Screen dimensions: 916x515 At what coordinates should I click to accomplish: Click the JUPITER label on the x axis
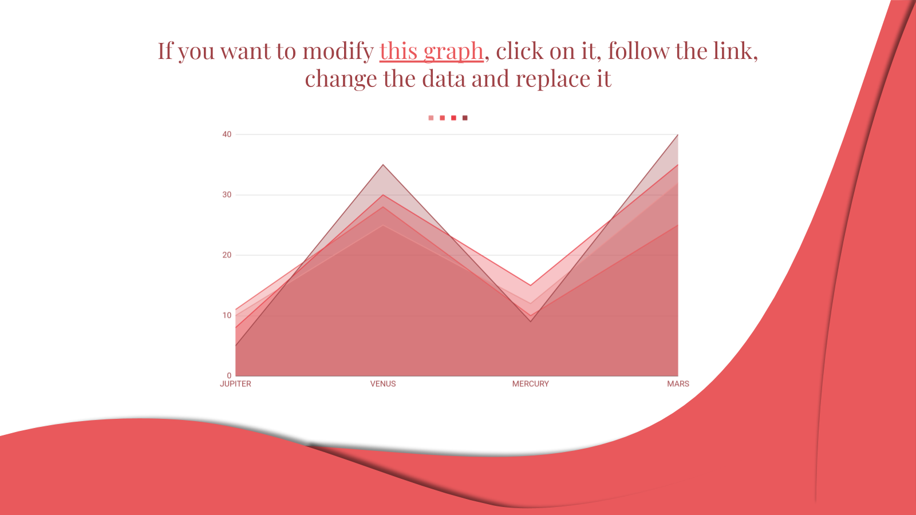pyautogui.click(x=235, y=384)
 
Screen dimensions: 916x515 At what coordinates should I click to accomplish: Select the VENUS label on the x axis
pyautogui.click(x=383, y=384)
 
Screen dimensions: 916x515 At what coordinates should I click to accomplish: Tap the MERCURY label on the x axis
pyautogui.click(x=530, y=384)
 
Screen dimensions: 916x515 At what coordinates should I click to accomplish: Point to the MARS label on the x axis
pyautogui.click(x=678, y=384)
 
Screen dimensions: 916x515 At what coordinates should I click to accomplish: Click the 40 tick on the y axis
pyautogui.click(x=227, y=134)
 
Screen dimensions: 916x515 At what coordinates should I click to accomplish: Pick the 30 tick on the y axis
pyautogui.click(x=227, y=195)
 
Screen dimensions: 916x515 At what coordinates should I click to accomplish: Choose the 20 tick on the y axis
pyautogui.click(x=227, y=255)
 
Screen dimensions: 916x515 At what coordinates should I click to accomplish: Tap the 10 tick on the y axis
pyautogui.click(x=227, y=315)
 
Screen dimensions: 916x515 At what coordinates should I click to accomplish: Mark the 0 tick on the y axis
pyautogui.click(x=229, y=375)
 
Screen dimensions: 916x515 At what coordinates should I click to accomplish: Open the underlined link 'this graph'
pyautogui.click(x=432, y=51)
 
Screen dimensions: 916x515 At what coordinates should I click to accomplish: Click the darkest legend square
pyautogui.click(x=465, y=118)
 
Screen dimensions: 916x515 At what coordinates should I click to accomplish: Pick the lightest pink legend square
pyautogui.click(x=431, y=118)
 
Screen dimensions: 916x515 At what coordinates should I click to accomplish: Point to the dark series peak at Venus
pyautogui.click(x=383, y=165)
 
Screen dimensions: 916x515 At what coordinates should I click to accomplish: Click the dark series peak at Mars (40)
pyautogui.click(x=678, y=134)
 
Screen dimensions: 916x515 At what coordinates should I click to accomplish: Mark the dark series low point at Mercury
pyautogui.click(x=531, y=321)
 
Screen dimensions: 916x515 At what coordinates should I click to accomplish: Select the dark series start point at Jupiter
pyautogui.click(x=235, y=346)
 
